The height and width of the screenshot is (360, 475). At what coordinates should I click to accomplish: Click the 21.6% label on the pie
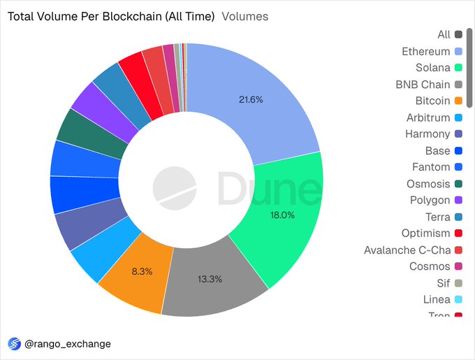coord(251,100)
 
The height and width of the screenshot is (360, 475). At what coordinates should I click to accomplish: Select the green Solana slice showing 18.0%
coord(282,215)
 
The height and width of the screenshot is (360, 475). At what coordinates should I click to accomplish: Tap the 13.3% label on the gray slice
coord(210,280)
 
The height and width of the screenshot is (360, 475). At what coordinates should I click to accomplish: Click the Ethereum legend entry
coord(425,51)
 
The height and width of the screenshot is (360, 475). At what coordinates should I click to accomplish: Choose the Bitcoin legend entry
coord(432,101)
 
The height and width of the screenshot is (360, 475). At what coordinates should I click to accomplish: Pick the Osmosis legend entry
coord(428,183)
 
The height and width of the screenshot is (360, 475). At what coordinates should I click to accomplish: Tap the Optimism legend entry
coord(425,233)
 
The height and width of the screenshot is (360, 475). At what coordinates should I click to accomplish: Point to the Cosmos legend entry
coord(430,266)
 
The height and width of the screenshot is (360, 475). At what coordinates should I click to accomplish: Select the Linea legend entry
coord(437,299)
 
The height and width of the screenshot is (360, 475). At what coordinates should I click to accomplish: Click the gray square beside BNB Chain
coord(458,85)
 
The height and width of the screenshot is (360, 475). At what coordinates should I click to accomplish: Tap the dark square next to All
coord(458,34)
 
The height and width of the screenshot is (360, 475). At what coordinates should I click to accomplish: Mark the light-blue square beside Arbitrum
coord(458,117)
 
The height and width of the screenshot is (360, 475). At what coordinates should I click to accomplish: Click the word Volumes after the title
coord(244,16)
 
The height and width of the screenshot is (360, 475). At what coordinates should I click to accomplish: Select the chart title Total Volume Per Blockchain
coord(111,16)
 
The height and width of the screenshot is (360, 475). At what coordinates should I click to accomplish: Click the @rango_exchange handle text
coord(68,344)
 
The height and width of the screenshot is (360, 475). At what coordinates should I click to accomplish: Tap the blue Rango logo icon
coord(14,344)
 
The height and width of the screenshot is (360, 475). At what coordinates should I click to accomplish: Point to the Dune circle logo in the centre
coord(175,187)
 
